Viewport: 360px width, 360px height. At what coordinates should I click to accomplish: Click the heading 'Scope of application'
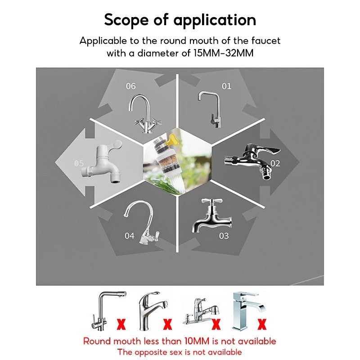pos(180,20)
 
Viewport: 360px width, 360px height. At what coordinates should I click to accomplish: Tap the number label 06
pos(130,86)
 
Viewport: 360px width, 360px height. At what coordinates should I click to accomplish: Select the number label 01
pos(226,86)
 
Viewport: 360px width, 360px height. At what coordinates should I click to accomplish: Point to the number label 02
pos(275,163)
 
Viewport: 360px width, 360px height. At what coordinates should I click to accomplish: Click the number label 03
pos(224,236)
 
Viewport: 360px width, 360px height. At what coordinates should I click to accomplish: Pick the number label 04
pos(130,236)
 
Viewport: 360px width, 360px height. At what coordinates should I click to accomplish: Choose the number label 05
pos(79,163)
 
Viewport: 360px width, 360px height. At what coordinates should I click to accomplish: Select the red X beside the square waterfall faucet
pos(261,323)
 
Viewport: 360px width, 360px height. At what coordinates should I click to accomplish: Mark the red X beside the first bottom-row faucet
pos(121,323)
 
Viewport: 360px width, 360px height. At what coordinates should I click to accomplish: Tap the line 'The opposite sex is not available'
pos(180,352)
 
